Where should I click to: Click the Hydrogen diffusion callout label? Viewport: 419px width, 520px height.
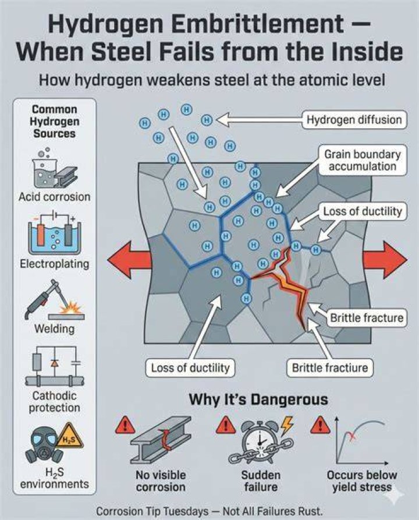(354, 119)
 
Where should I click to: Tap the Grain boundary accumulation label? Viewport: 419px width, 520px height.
(363, 160)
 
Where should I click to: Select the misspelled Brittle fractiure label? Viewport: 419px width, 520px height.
(330, 368)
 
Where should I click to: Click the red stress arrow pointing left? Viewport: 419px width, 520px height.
(130, 260)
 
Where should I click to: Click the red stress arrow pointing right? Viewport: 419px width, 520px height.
(385, 260)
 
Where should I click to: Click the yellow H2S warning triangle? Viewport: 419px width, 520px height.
(69, 436)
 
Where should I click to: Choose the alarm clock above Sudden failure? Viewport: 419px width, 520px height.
(261, 441)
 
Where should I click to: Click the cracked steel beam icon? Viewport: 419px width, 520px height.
(161, 440)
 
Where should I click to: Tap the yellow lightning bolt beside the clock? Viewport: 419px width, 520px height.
(287, 426)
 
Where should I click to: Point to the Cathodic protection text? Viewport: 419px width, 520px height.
(54, 402)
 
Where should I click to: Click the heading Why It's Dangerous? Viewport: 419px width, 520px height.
(258, 399)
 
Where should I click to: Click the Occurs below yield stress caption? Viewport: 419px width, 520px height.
(362, 481)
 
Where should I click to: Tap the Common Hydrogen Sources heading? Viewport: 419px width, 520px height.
(55, 121)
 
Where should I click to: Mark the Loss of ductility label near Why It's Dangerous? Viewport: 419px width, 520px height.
(190, 368)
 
